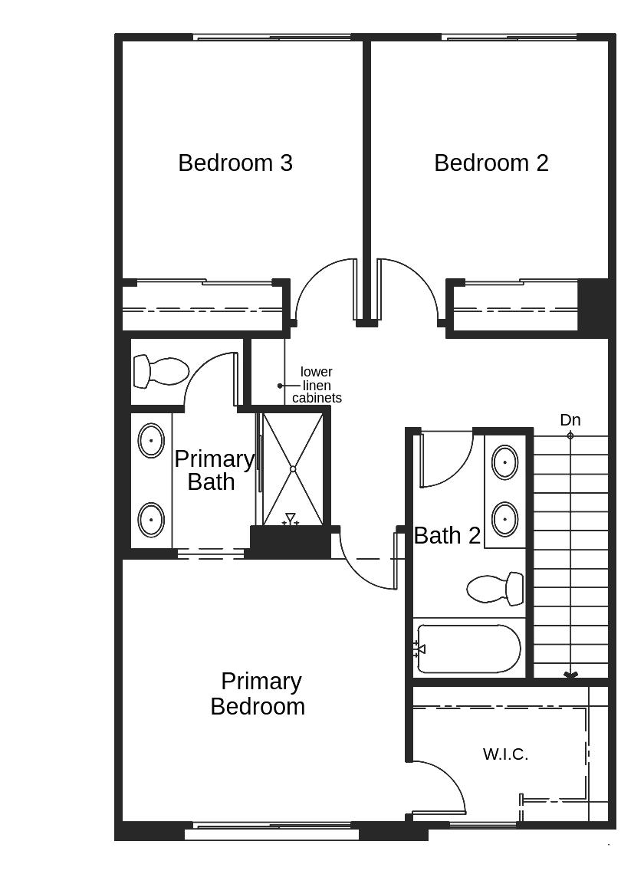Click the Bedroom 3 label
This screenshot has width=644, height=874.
(235, 163)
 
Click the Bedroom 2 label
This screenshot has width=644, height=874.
(491, 163)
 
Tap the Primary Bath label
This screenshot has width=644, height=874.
(212, 471)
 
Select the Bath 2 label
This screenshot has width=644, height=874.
(447, 536)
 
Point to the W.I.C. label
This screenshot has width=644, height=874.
(505, 754)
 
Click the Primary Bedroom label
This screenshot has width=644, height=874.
(258, 694)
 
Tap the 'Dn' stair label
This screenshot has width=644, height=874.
(570, 420)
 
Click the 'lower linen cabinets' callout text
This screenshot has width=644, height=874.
(317, 385)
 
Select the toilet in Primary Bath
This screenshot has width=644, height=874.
(161, 372)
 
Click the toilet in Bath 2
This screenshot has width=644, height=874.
(495, 589)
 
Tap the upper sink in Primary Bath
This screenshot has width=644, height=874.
(151, 442)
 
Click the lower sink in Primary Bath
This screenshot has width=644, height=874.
(151, 520)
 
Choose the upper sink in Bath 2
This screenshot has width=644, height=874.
(504, 462)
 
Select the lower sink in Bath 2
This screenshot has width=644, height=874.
(504, 519)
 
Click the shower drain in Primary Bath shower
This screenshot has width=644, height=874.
(293, 469)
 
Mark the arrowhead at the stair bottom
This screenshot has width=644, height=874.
(570, 675)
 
